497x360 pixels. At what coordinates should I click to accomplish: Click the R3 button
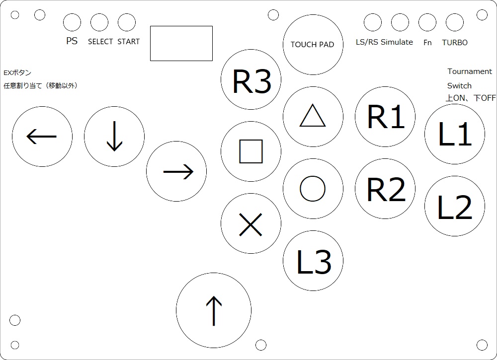click(x=251, y=80)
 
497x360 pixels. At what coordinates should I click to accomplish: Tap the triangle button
click(x=313, y=117)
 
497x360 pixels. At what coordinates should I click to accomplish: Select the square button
click(x=251, y=151)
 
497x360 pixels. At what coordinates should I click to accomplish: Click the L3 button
click(x=313, y=260)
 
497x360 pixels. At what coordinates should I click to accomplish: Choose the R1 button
click(x=385, y=117)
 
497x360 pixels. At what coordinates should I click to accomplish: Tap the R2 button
click(x=385, y=189)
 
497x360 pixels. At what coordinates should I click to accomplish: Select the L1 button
click(x=454, y=134)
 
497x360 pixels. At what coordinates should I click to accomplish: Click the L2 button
click(x=454, y=207)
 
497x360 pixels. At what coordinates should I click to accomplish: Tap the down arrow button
click(x=114, y=136)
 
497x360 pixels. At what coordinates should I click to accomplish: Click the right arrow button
click(x=176, y=171)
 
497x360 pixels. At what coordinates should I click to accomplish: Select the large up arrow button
click(x=214, y=310)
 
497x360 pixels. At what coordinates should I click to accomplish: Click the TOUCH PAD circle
click(x=313, y=45)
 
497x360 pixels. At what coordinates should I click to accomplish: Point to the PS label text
click(x=72, y=42)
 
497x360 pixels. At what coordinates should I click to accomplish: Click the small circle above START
click(x=127, y=22)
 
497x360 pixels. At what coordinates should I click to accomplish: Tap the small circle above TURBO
click(x=454, y=22)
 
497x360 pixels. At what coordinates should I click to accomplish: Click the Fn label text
click(x=427, y=43)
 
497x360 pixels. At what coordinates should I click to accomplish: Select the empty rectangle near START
click(x=181, y=43)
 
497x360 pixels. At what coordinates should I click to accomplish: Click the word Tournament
click(x=470, y=72)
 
